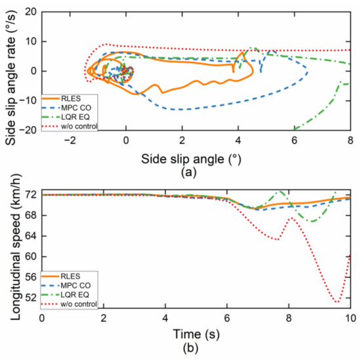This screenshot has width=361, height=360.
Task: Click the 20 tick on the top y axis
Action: (28, 12)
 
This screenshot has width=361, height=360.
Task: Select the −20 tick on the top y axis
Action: (26, 130)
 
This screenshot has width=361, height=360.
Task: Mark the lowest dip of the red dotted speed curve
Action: (337, 302)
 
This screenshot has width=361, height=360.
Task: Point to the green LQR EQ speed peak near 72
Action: (281, 192)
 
